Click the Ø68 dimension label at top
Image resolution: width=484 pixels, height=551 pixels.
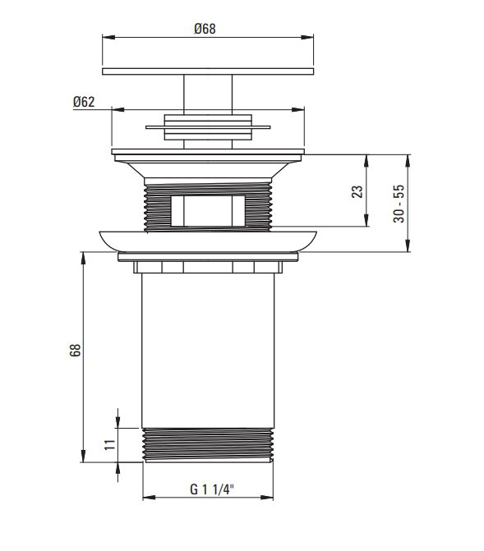tap(205, 29)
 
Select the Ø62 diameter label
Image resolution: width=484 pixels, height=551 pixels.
tap(84, 102)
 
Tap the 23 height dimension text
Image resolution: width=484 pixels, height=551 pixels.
tap(357, 191)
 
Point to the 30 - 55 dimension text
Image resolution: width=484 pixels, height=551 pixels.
tap(399, 204)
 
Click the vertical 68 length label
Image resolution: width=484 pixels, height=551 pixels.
tap(75, 351)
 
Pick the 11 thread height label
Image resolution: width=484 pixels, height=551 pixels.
tap(110, 444)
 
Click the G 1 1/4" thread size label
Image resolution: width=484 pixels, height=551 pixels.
tap(212, 489)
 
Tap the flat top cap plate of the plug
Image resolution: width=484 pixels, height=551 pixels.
tap(208, 71)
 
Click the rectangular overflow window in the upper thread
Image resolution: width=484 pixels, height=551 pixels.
tap(208, 211)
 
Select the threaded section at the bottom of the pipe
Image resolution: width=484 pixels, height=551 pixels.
tap(208, 444)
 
